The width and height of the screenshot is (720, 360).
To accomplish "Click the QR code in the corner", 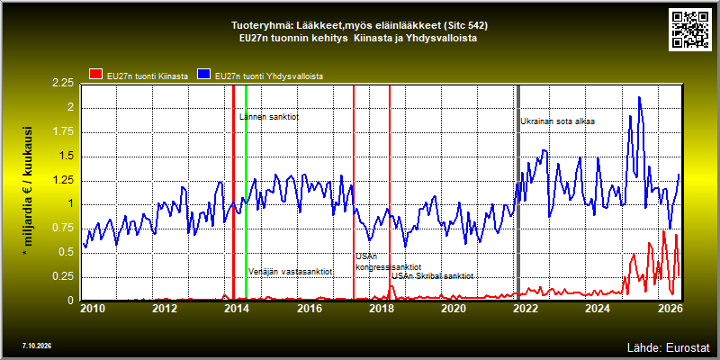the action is (x=689, y=29).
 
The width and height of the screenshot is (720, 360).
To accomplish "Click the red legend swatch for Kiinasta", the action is (x=95, y=74).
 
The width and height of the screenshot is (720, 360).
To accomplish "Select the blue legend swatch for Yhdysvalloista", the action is (x=204, y=74).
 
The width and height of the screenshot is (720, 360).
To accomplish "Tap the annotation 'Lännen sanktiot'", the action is (x=269, y=117).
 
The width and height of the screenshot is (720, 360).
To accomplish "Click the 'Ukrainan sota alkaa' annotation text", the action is (x=558, y=121).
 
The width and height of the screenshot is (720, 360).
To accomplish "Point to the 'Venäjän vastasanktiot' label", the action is (x=291, y=272).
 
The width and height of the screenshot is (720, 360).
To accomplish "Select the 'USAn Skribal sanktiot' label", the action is (x=433, y=276).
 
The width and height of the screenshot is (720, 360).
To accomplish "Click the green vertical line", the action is (x=246, y=193).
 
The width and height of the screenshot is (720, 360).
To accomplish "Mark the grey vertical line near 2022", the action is (x=518, y=193).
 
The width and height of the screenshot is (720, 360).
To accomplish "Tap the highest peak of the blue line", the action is (x=639, y=97).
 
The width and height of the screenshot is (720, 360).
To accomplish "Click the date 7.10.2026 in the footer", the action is (x=36, y=346).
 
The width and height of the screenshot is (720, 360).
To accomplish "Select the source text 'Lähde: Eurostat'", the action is (x=669, y=346).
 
